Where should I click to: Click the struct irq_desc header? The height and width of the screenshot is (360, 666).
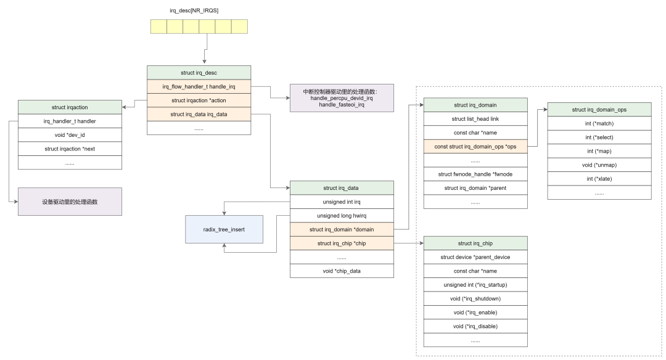click(x=199, y=73)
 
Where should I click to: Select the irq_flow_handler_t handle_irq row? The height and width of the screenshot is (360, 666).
click(x=199, y=87)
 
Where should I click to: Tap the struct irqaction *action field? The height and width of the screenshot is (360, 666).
click(x=199, y=100)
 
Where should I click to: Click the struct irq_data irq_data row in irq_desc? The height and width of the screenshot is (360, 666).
click(x=199, y=114)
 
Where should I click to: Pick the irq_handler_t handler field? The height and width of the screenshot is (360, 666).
click(x=70, y=121)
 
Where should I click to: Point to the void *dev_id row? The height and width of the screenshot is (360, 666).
click(x=70, y=135)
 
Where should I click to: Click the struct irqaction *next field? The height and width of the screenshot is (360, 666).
click(x=70, y=149)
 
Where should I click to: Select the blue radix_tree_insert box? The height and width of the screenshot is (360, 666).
click(x=224, y=229)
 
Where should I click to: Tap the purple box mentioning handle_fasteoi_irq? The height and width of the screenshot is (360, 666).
click(x=342, y=98)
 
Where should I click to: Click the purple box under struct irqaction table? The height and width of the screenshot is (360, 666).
click(x=70, y=202)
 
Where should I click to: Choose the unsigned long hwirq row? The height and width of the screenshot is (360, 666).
click(x=342, y=216)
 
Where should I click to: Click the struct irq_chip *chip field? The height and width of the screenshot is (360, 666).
click(x=342, y=243)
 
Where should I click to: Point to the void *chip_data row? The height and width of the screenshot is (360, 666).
click(x=342, y=271)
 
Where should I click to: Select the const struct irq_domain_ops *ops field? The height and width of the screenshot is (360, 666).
click(x=475, y=147)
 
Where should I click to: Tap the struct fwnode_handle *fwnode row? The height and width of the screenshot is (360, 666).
click(x=475, y=174)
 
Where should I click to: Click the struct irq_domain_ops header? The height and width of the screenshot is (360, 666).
click(x=599, y=110)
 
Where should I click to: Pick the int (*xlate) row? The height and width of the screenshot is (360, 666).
click(x=599, y=179)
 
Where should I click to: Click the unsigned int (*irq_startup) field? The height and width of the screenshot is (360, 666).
click(x=475, y=285)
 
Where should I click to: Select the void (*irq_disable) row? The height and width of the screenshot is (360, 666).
click(x=475, y=326)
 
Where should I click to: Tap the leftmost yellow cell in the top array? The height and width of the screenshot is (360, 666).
click(x=158, y=27)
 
